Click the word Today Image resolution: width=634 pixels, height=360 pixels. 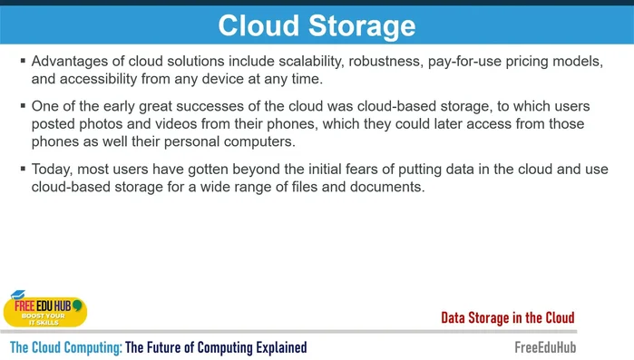pyautogui.click(x=52, y=170)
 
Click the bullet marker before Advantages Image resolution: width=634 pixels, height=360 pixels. pyautogui.click(x=23, y=62)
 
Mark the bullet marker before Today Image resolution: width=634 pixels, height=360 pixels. pyautogui.click(x=23, y=170)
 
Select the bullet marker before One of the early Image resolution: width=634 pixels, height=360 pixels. pyautogui.click(x=23, y=106)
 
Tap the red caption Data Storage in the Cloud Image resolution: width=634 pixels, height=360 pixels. pyautogui.click(x=508, y=317)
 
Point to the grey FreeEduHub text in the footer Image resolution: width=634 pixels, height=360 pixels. pyautogui.click(x=544, y=347)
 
